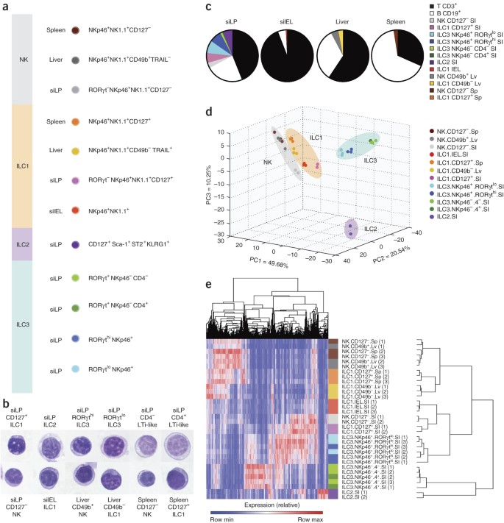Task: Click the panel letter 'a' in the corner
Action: [x=5, y=7]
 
